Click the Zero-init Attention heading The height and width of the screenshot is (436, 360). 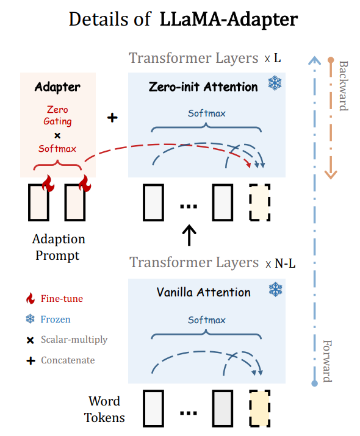[x=203, y=87]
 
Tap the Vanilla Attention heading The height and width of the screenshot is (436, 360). [x=203, y=292]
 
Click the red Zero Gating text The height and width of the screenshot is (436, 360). [x=57, y=115]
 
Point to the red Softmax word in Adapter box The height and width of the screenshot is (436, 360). [x=57, y=148]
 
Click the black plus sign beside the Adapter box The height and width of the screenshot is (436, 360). [x=112, y=117]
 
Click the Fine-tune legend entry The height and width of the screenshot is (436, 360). [x=61, y=299]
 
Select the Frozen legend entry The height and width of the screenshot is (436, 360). [x=56, y=319]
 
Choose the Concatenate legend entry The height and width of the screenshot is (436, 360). [x=68, y=360]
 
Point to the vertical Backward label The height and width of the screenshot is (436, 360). [x=342, y=85]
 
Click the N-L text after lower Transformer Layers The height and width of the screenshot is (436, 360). [x=286, y=263]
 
